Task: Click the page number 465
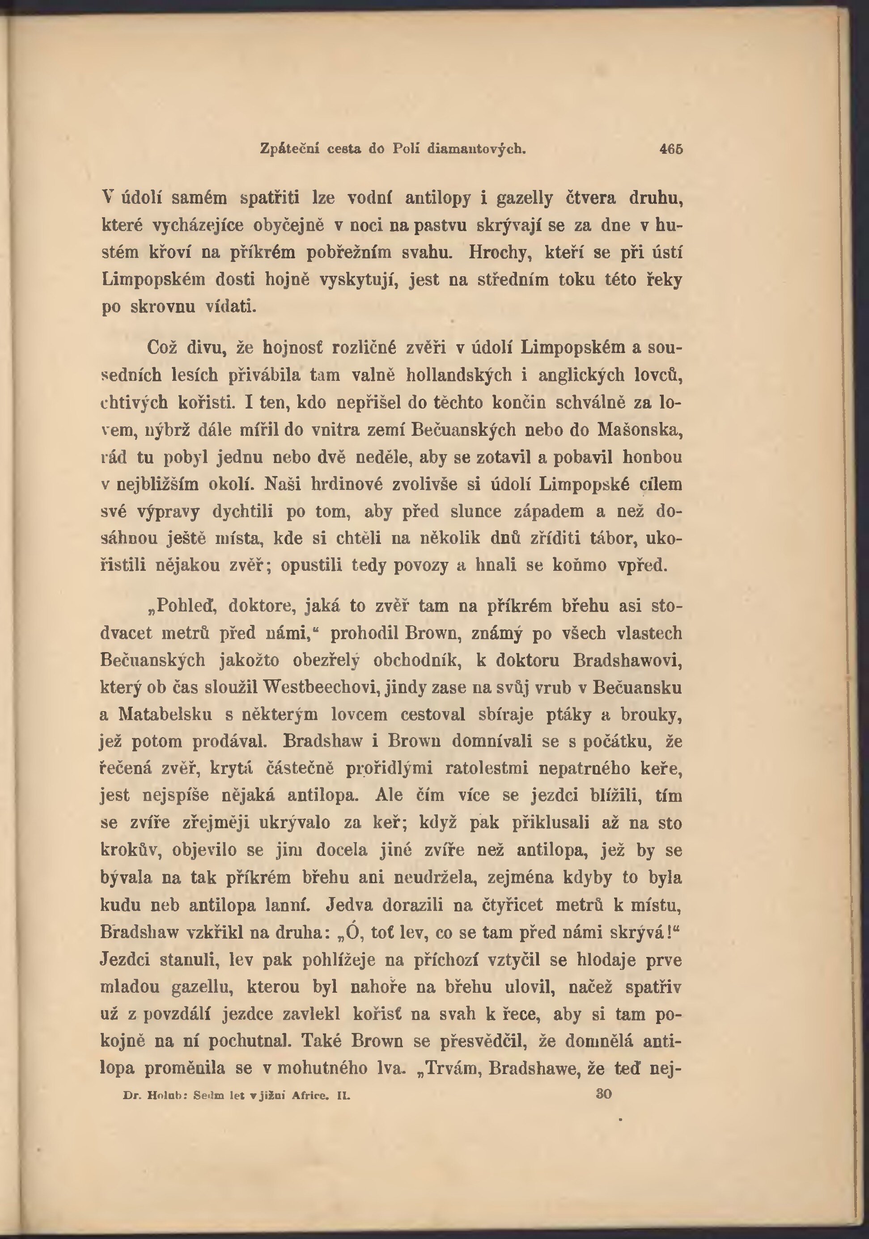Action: pyautogui.click(x=671, y=149)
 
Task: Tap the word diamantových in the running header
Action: pyautogui.click(x=476, y=149)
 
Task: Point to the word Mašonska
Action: pyautogui.click(x=640, y=430)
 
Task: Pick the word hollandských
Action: pyautogui.click(x=458, y=375)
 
